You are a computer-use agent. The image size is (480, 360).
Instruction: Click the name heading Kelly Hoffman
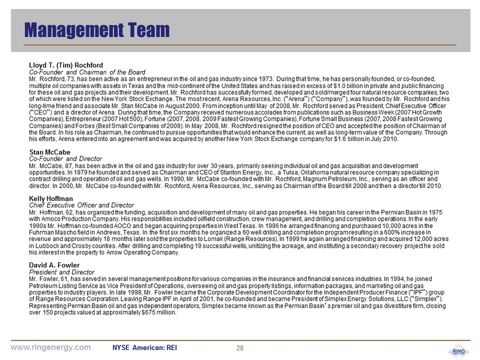pyautogui.click(x=51, y=199)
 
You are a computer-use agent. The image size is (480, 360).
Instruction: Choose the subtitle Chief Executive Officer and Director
pyautogui.click(x=81, y=205)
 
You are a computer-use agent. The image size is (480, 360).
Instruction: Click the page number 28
pyautogui.click(x=239, y=347)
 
